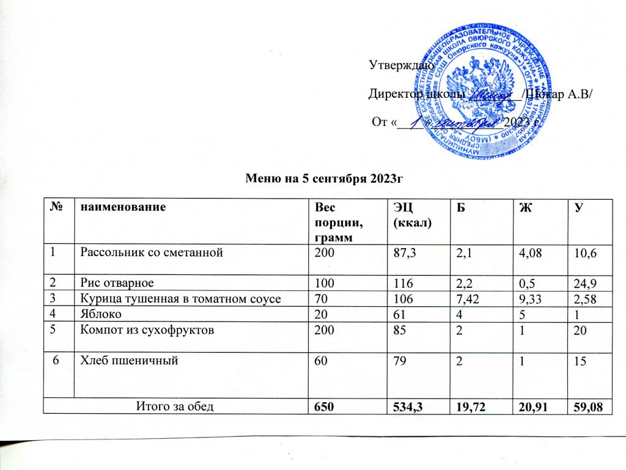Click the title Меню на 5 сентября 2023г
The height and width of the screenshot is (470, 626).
click(x=326, y=178)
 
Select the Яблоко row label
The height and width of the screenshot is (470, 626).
click(x=101, y=314)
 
